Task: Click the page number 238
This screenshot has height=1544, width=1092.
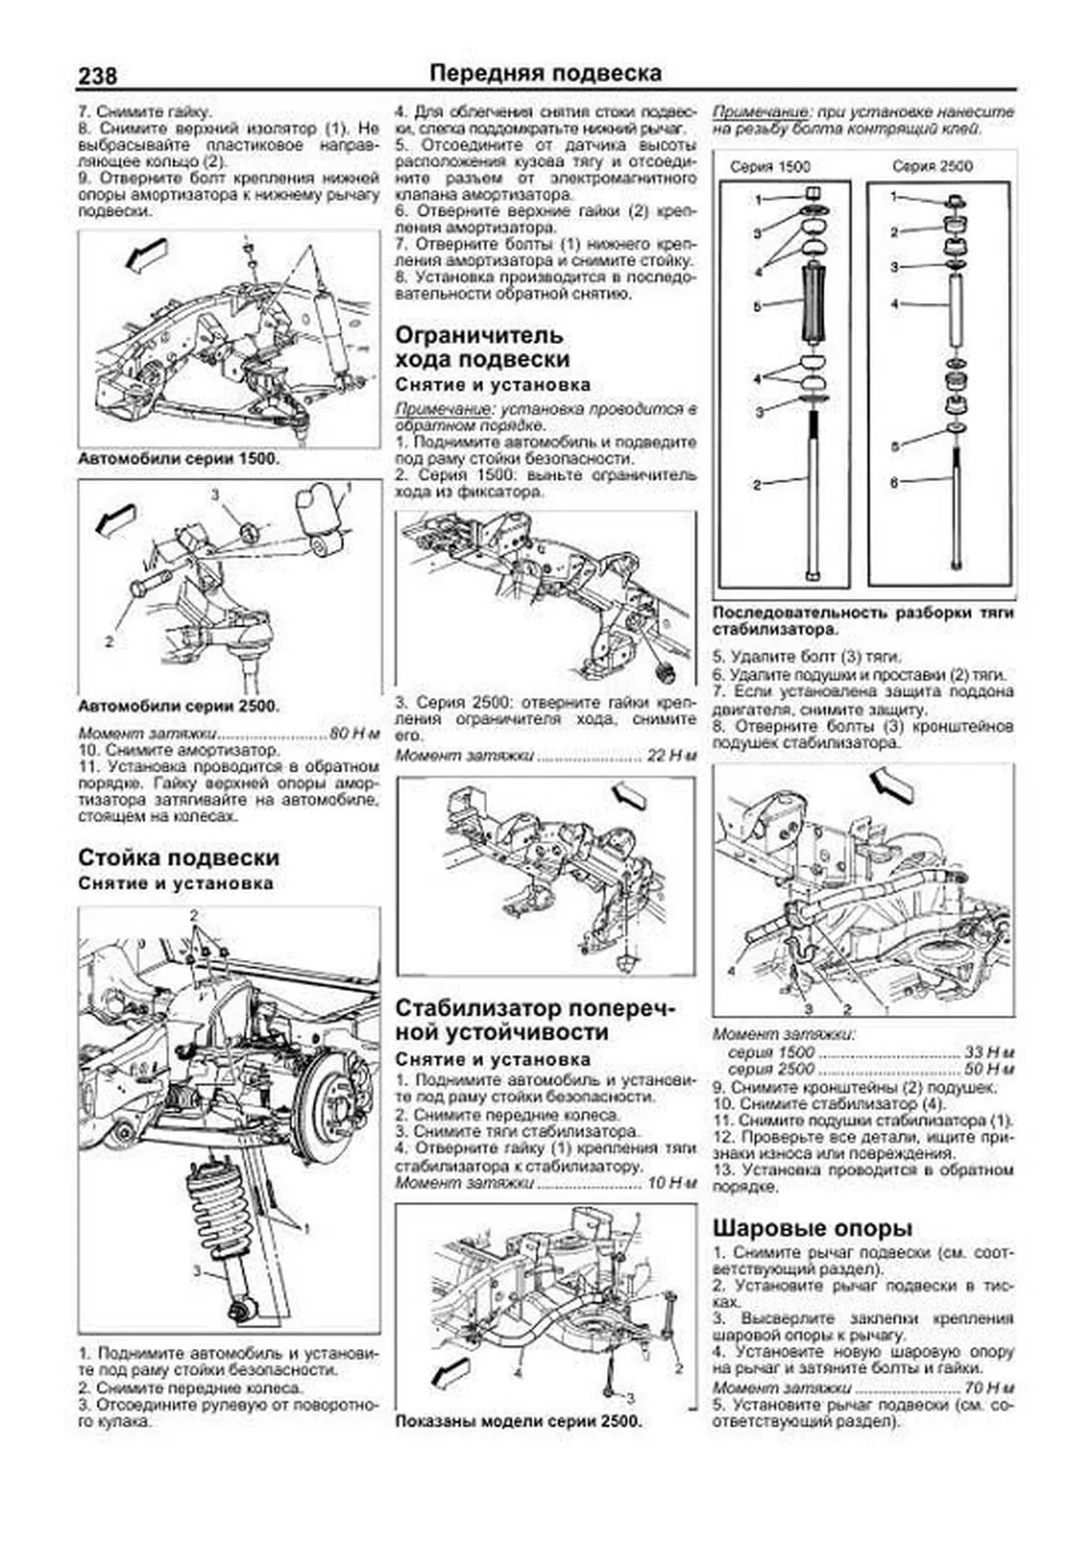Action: point(96,77)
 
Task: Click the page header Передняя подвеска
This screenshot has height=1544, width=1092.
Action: point(545,73)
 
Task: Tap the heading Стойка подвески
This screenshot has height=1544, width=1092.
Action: point(179,858)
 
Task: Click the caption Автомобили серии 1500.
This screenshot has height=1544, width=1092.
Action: point(178,459)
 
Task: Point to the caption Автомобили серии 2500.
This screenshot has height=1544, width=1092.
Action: point(179,706)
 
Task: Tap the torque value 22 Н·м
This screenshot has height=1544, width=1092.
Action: point(671,755)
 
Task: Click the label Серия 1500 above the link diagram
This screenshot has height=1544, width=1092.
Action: point(770,167)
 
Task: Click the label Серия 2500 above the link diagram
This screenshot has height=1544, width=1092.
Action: point(932,167)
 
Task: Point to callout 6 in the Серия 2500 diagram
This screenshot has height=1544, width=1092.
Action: point(895,482)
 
